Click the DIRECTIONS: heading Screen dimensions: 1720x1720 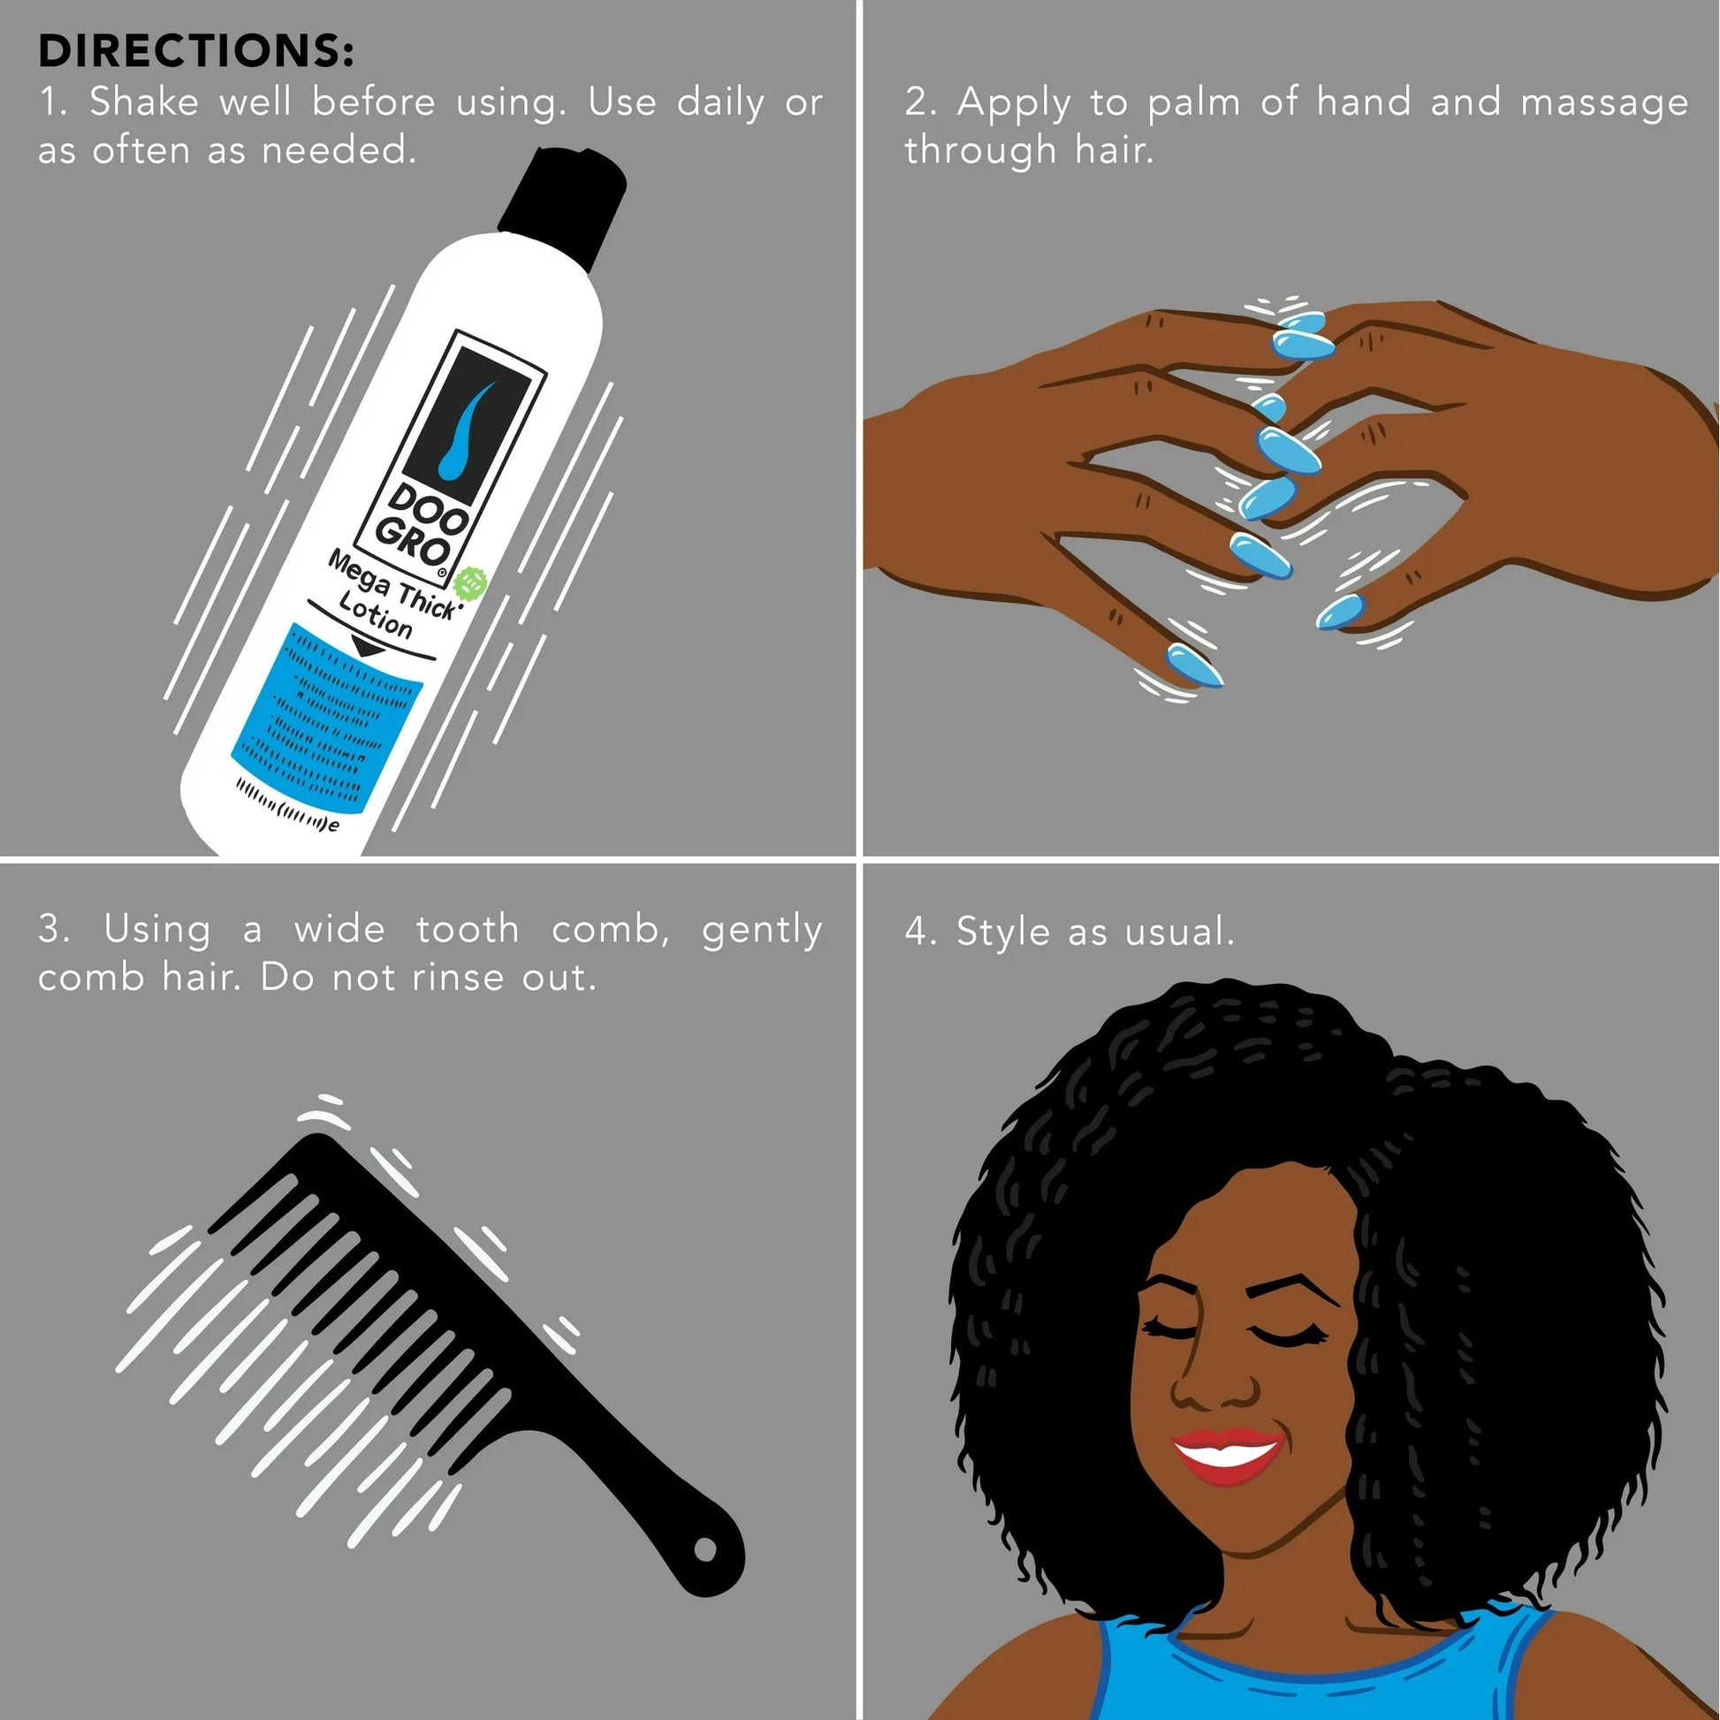(x=196, y=50)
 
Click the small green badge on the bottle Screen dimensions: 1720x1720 (x=470, y=583)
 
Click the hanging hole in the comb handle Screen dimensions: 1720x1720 (x=704, y=1550)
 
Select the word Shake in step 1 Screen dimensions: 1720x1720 (x=143, y=103)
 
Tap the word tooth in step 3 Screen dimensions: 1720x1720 (x=468, y=930)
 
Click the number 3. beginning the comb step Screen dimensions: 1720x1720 (x=53, y=930)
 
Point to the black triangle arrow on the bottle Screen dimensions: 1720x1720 (x=368, y=646)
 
